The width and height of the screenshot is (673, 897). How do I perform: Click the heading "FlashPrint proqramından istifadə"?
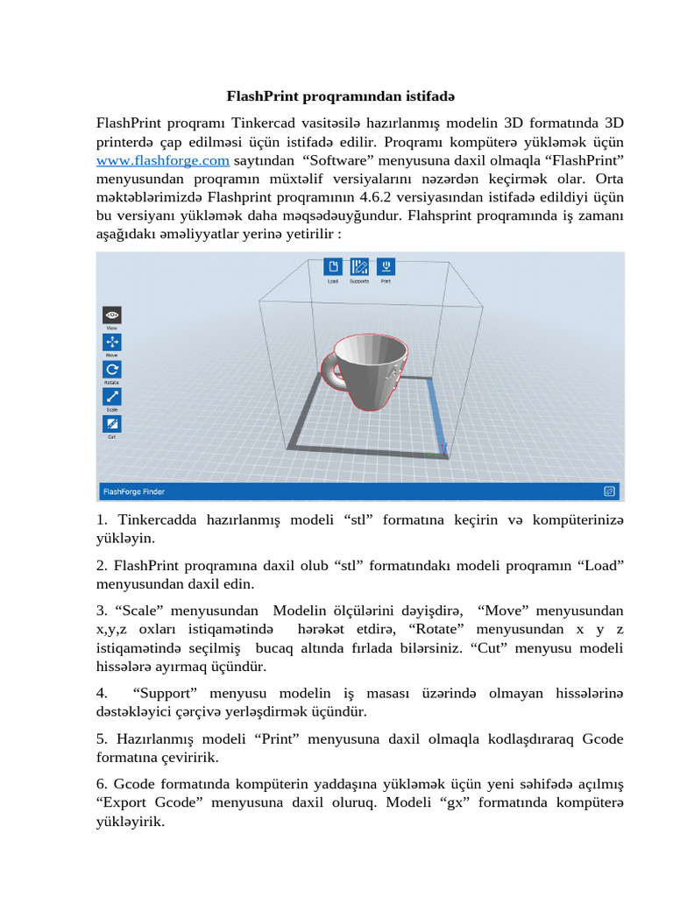click(341, 95)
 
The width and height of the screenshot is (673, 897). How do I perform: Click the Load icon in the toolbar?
click(333, 266)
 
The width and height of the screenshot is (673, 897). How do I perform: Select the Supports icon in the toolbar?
click(359, 266)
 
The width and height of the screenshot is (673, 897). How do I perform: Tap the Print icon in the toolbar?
click(386, 266)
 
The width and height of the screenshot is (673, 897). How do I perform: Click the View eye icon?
click(112, 314)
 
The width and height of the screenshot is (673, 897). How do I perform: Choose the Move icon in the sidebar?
click(112, 342)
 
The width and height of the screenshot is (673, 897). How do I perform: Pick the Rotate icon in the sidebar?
click(112, 369)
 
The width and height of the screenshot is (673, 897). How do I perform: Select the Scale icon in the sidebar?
click(112, 396)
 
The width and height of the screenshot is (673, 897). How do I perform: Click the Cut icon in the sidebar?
click(112, 423)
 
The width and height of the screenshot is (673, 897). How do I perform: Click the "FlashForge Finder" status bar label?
click(134, 491)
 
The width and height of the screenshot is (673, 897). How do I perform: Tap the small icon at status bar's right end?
click(609, 491)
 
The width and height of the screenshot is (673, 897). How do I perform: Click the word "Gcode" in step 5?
click(603, 739)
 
